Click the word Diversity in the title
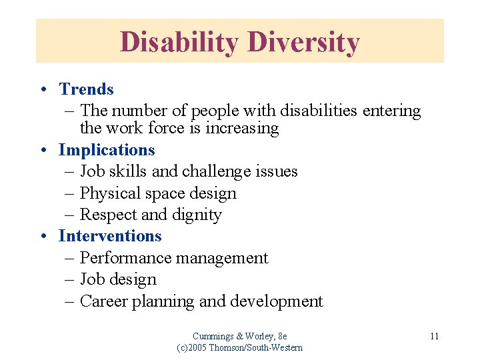[304, 42]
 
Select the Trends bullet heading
[86, 89]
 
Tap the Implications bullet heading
[107, 150]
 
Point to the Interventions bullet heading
[110, 236]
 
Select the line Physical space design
[158, 193]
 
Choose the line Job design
[118, 279]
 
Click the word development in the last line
[276, 301]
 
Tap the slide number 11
[434, 336]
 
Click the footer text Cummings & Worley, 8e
[239, 336]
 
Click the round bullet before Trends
[42, 90]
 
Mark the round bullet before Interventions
[42, 237]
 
